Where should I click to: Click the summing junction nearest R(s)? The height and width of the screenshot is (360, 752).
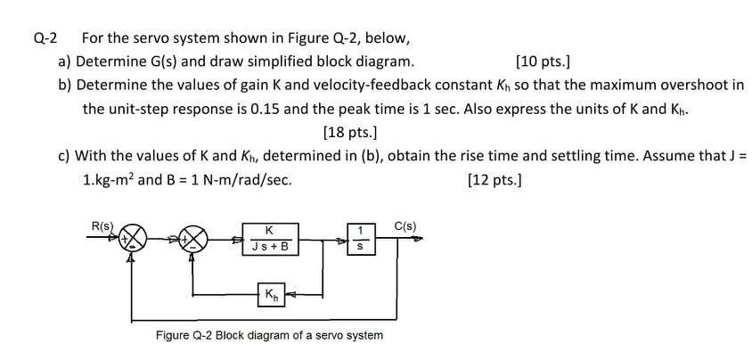click(x=134, y=239)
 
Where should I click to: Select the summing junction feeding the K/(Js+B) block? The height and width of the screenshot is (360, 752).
click(x=194, y=239)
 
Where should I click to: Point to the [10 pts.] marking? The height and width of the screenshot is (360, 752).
click(x=544, y=61)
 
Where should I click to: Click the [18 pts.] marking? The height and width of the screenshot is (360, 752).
click(x=349, y=133)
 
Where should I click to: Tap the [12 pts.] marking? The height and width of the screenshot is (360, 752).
click(x=495, y=179)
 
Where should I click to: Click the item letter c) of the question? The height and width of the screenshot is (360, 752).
click(x=64, y=156)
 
